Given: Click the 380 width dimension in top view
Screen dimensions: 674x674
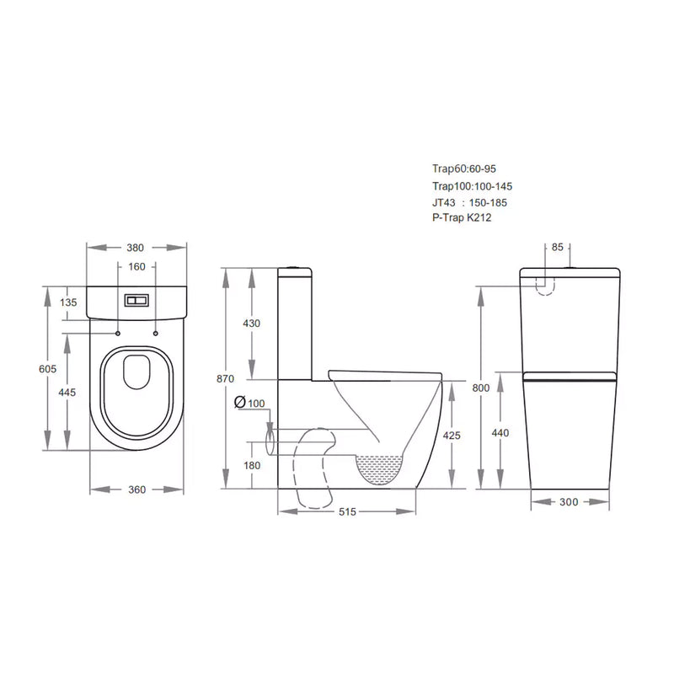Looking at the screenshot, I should pos(136,248).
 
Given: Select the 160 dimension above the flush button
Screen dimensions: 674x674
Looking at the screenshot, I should pos(137,267).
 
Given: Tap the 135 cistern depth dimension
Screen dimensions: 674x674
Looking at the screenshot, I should pos(68,302).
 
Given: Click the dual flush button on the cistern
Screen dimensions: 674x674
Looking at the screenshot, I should pos(136,299).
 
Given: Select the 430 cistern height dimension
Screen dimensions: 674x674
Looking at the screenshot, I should pos(252,324).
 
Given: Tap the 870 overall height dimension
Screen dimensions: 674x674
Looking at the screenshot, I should pos(225,379).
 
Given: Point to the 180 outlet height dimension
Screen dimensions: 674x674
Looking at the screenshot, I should pos(252,466).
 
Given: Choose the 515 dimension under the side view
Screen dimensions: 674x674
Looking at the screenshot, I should pos(346,511).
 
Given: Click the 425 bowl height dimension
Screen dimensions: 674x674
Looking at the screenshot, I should pos(452,436).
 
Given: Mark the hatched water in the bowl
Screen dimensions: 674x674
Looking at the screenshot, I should pos(384,468).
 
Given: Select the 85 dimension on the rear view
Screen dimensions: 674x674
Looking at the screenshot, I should pos(558,248).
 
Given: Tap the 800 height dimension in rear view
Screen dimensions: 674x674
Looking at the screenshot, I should pos(480,388).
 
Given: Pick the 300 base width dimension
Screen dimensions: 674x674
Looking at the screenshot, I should pos(570,502).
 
